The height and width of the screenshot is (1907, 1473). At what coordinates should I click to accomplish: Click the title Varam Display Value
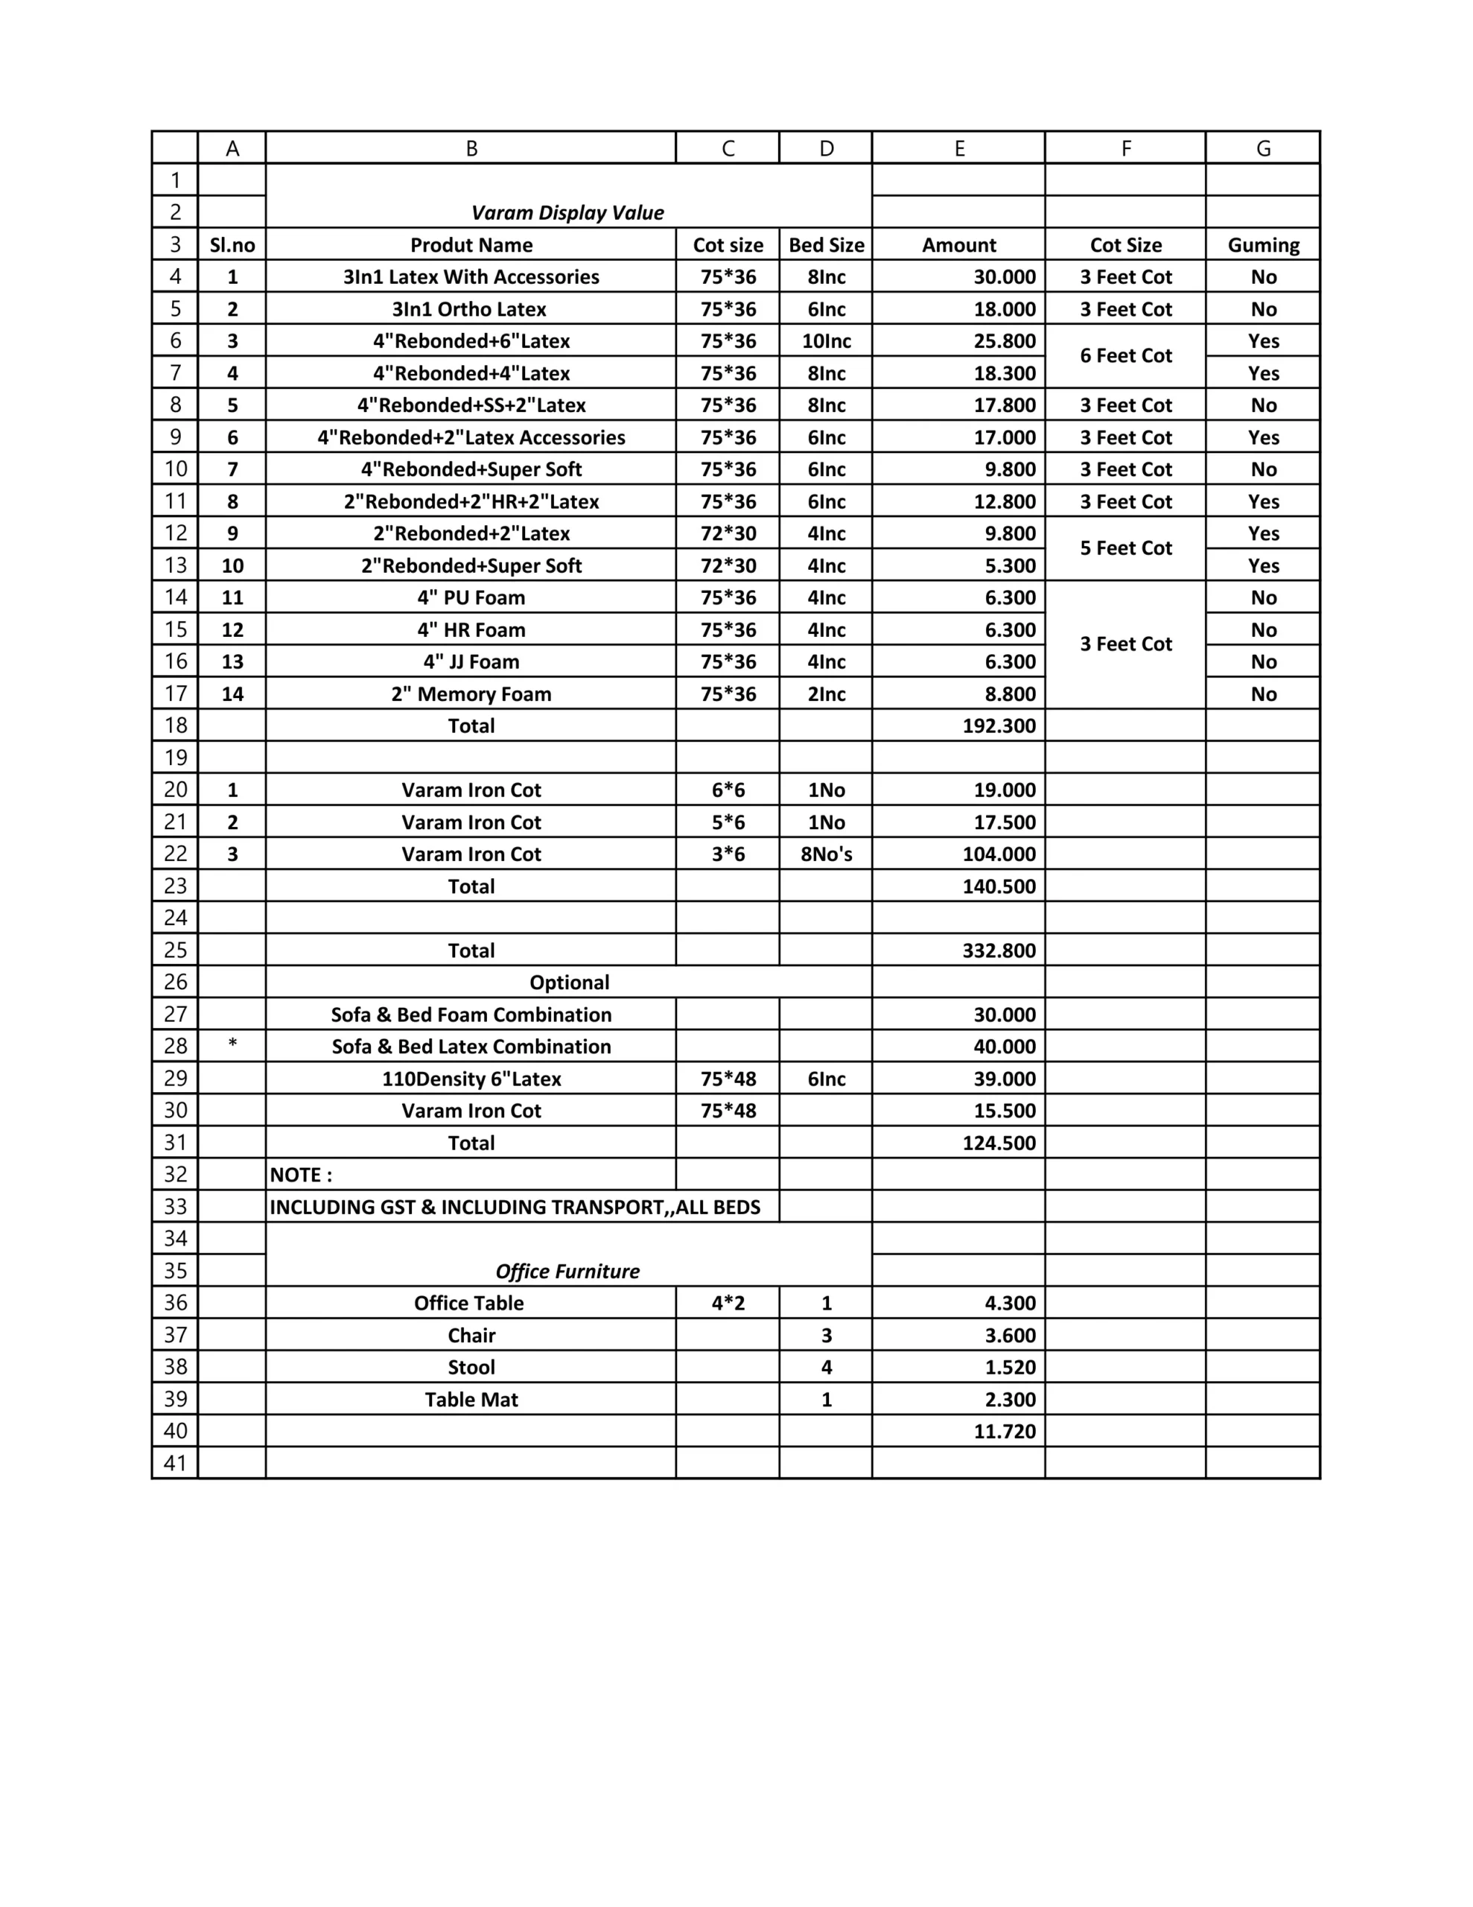[567, 213]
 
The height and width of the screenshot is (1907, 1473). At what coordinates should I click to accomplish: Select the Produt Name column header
[471, 245]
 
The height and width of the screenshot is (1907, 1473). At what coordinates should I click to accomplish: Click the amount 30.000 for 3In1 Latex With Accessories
[1004, 277]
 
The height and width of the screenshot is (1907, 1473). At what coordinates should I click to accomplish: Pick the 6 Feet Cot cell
[1125, 356]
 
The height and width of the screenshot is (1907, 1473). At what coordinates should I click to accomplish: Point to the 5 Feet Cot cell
[1125, 548]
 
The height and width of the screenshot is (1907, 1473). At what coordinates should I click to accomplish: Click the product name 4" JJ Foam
[471, 661]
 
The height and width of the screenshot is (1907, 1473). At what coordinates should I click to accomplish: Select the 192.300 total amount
[999, 726]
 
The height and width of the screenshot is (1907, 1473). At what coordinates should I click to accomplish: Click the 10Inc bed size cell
[826, 341]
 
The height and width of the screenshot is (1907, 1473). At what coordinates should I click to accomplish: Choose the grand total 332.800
[999, 950]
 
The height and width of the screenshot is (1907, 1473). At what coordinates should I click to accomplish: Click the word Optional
[569, 983]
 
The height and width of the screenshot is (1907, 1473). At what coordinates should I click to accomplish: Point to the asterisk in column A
[232, 1044]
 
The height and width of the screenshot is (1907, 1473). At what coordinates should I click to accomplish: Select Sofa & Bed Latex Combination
[471, 1046]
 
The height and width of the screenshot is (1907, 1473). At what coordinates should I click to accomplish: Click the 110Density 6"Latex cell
[471, 1079]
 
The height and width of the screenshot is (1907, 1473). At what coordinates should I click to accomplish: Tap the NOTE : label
[302, 1175]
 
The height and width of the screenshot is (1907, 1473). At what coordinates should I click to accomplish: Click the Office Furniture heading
[567, 1272]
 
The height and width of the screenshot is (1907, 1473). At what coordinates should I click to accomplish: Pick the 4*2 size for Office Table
[728, 1303]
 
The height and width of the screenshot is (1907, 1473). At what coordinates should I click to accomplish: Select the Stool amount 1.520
[1011, 1368]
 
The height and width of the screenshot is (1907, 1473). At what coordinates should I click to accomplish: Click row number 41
[176, 1464]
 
